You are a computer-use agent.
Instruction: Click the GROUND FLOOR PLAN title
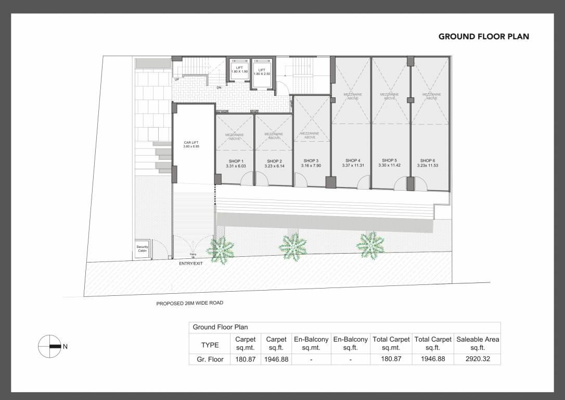pyautogui.click(x=483, y=36)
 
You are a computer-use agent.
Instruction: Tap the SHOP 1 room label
pyautogui.click(x=235, y=161)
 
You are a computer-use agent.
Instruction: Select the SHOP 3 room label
pyautogui.click(x=311, y=161)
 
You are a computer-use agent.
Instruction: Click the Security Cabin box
pyautogui.click(x=143, y=249)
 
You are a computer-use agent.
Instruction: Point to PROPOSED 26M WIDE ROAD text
pyautogui.click(x=190, y=303)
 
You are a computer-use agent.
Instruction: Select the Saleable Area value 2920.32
pyautogui.click(x=477, y=359)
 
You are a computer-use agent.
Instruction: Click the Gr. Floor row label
pyautogui.click(x=210, y=359)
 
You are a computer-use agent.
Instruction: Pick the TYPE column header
pyautogui.click(x=210, y=344)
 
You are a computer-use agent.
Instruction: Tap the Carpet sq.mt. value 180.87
pyautogui.click(x=245, y=359)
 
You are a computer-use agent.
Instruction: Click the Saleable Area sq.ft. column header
pyautogui.click(x=477, y=344)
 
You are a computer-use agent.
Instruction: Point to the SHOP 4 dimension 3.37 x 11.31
pyautogui.click(x=352, y=166)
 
